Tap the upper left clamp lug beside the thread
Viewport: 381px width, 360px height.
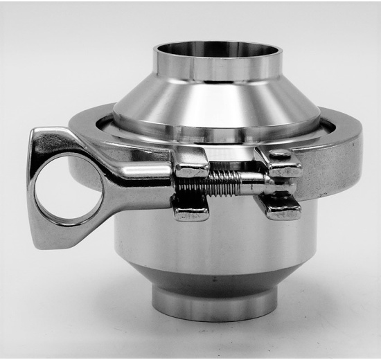pyautogui.click(x=190, y=163)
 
